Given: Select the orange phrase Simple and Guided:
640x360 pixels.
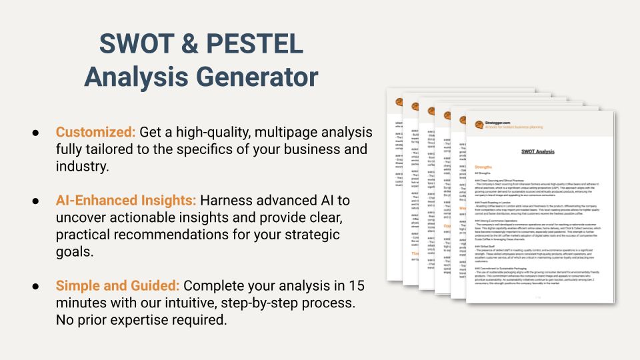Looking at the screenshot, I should pos(117,286).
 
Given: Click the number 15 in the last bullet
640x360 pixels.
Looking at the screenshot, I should pos(357,286).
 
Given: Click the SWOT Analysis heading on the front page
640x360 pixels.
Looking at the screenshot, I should pos(537,151).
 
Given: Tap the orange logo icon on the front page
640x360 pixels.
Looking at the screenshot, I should pos(479,125).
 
